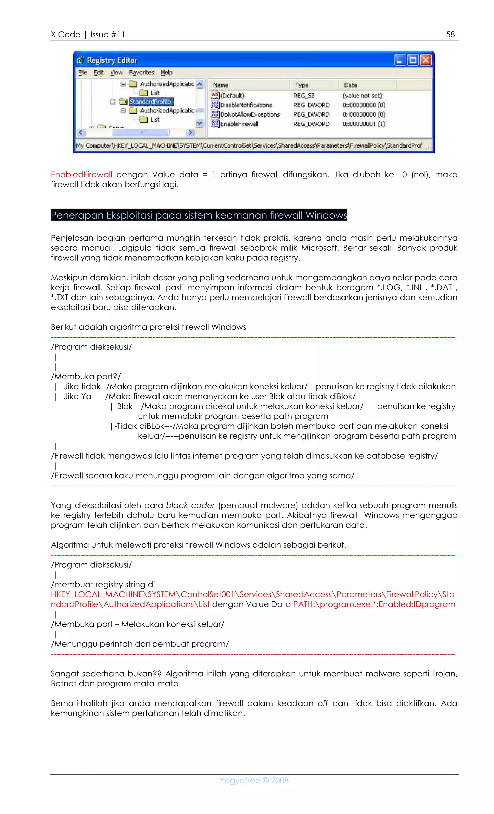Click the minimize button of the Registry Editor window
pyautogui.click(x=400, y=60)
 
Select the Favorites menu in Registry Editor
pyautogui.click(x=141, y=72)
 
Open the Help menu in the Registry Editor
pyautogui.click(x=166, y=72)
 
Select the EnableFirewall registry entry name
pyautogui.click(x=239, y=124)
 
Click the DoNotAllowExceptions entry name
pyautogui.click(x=250, y=114)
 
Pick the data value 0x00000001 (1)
pyautogui.click(x=364, y=124)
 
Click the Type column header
pyautogui.click(x=302, y=85)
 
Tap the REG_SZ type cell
pyautogui.click(x=303, y=96)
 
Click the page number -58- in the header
pyautogui.click(x=450, y=34)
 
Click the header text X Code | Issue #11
pyautogui.click(x=88, y=34)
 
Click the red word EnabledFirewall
pyautogui.click(x=81, y=174)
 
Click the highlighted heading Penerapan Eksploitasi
pyautogui.click(x=199, y=215)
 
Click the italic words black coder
pyautogui.click(x=190, y=505)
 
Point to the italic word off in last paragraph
pyautogui.click(x=322, y=703)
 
